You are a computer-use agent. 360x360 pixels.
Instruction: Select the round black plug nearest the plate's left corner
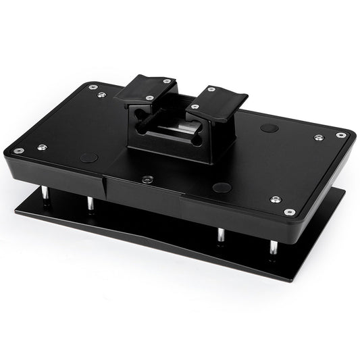[88, 157]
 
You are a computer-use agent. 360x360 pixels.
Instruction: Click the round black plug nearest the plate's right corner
[268, 128]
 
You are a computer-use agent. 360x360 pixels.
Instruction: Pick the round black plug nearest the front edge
[222, 188]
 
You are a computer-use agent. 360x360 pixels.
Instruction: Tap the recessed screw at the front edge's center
[147, 180]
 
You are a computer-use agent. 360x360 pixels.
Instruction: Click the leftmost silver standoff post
[44, 195]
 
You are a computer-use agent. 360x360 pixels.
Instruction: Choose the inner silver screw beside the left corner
[42, 147]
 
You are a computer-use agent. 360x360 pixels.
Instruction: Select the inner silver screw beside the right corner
[318, 137]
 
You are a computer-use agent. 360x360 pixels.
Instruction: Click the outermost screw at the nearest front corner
[290, 212]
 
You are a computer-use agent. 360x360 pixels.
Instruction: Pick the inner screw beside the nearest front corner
[274, 199]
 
